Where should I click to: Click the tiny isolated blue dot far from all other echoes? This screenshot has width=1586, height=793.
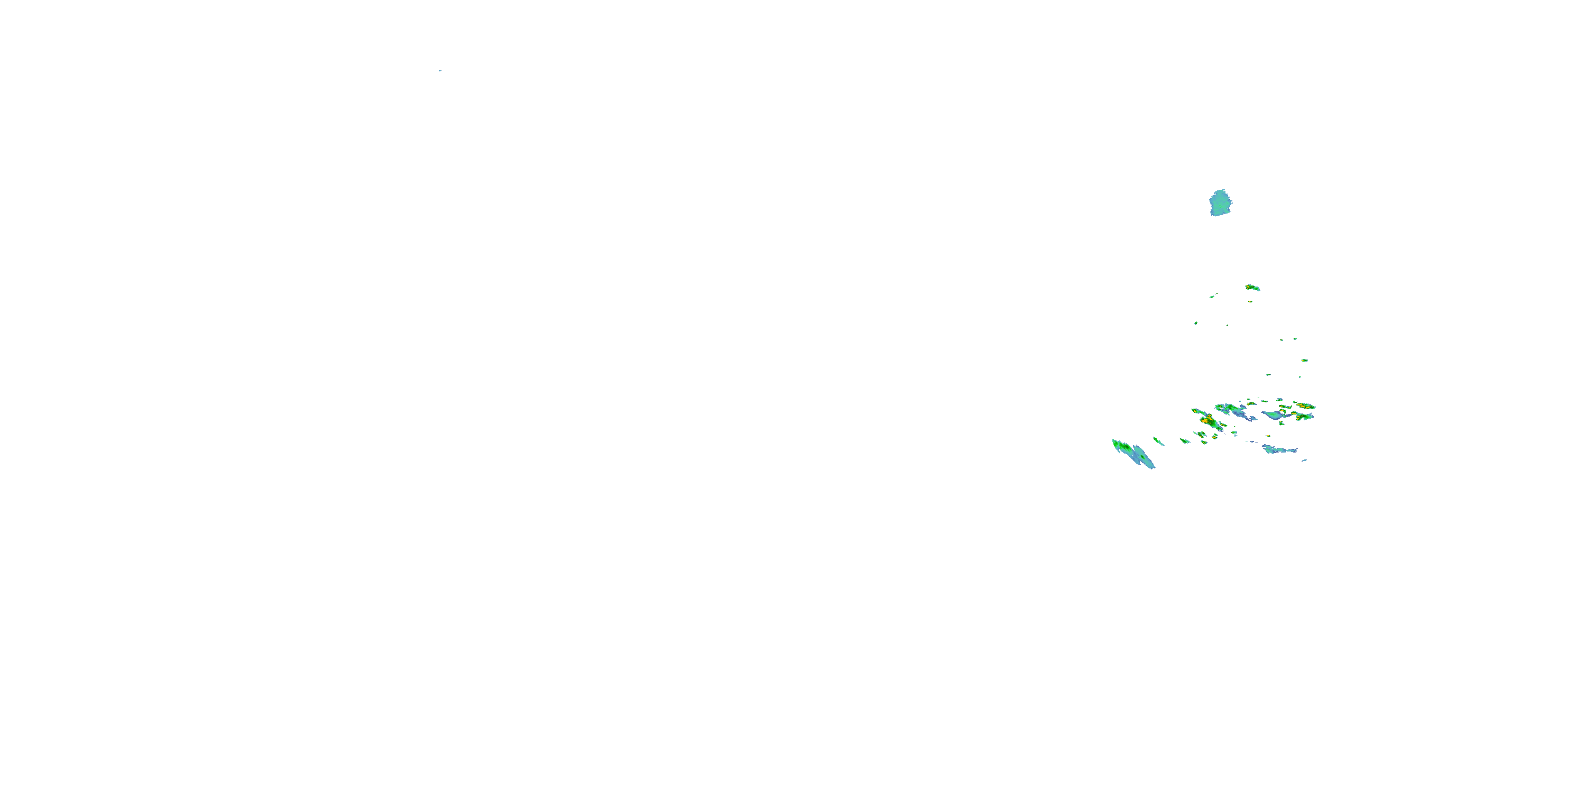(440, 70)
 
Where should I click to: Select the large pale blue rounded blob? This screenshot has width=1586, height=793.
(1220, 202)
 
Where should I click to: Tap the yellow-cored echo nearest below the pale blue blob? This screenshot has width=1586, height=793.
(1252, 287)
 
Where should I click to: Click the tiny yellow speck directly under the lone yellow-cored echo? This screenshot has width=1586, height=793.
(1250, 302)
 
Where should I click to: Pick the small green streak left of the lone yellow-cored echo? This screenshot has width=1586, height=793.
(1212, 296)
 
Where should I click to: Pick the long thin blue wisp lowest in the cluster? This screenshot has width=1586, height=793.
(1279, 449)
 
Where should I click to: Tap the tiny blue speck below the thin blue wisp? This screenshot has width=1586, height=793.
(1304, 460)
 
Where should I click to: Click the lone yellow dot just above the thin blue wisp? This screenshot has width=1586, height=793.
(1268, 436)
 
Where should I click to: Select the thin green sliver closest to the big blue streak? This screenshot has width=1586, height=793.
(1159, 441)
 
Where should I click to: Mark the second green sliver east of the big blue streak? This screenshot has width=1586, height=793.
(1185, 440)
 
